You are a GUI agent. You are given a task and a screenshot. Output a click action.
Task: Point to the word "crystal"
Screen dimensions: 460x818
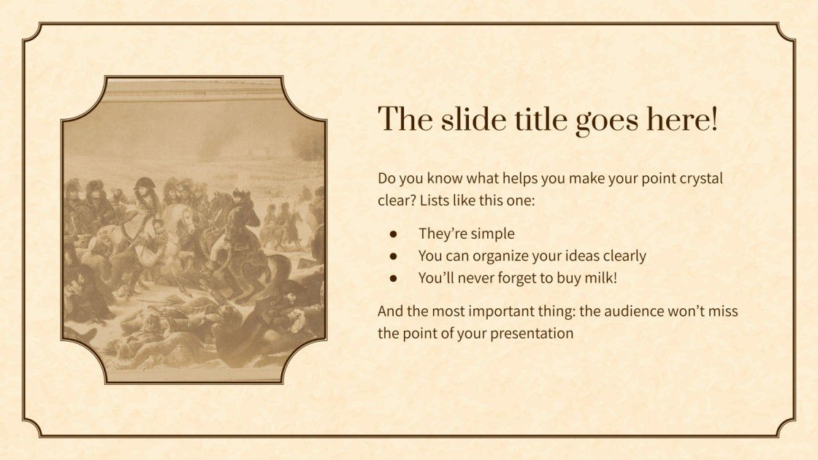[x=700, y=178]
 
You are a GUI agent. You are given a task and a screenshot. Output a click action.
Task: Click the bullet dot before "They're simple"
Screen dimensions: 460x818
[x=393, y=234]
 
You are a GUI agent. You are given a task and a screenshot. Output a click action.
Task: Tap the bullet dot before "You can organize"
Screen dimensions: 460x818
[x=393, y=256]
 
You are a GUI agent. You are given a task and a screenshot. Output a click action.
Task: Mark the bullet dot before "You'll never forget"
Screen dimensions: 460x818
[x=393, y=278]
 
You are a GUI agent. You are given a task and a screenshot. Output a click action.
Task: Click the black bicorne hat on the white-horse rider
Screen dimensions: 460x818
[x=145, y=183]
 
